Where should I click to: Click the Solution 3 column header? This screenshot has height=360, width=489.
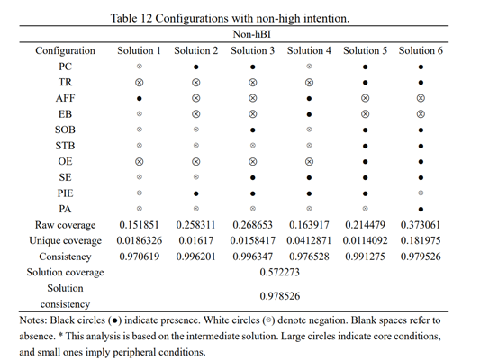pyautogui.click(x=253, y=50)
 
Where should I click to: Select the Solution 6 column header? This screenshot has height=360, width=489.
pyautogui.click(x=421, y=50)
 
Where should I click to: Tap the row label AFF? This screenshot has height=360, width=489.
pyautogui.click(x=65, y=98)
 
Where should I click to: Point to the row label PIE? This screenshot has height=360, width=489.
pyautogui.click(x=65, y=193)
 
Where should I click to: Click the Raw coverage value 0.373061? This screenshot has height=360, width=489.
pyautogui.click(x=421, y=225)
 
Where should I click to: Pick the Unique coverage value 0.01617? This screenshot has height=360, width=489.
pyautogui.click(x=195, y=240)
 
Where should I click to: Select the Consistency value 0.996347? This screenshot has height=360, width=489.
pyautogui.click(x=253, y=256)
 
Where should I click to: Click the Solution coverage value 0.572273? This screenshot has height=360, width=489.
pyautogui.click(x=280, y=272)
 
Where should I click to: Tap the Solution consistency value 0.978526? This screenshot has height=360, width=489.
pyautogui.click(x=280, y=296)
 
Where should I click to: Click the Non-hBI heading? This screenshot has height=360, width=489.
pyautogui.click(x=251, y=34)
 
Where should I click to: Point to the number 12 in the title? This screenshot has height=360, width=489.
pyautogui.click(x=146, y=18)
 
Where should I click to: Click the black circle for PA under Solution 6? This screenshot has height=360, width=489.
pyautogui.click(x=421, y=209)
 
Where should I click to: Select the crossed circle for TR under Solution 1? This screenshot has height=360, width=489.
pyautogui.click(x=139, y=83)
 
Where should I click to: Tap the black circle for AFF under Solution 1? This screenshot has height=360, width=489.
pyautogui.click(x=139, y=98)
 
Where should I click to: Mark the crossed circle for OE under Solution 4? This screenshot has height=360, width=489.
pyautogui.click(x=309, y=162)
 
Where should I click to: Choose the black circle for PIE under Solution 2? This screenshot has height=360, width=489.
pyautogui.click(x=195, y=193)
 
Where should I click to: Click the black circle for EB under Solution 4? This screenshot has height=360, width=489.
pyautogui.click(x=309, y=114)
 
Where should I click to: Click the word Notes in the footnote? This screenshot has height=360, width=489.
pyautogui.click(x=32, y=320)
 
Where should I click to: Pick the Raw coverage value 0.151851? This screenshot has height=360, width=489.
pyautogui.click(x=139, y=225)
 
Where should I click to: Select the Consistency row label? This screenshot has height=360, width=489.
pyautogui.click(x=65, y=256)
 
